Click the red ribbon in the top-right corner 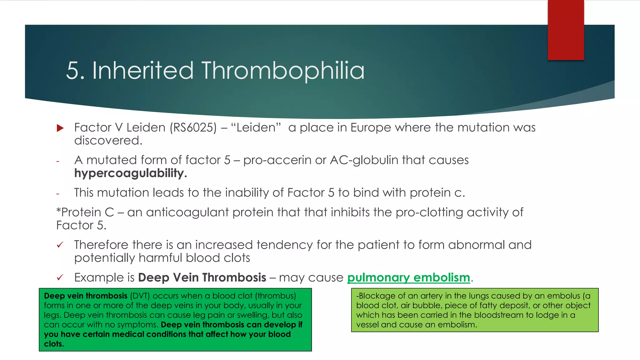pyautogui.click(x=566, y=30)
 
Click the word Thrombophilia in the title pyautogui.click(x=283, y=71)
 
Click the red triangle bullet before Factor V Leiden pyautogui.click(x=60, y=128)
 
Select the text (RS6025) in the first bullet pyautogui.click(x=193, y=127)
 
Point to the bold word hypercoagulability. pyautogui.click(x=130, y=173)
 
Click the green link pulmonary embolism pyautogui.click(x=408, y=277)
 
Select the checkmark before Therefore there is pyautogui.click(x=60, y=245)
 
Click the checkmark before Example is pyautogui.click(x=60, y=277)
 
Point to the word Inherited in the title pyautogui.click(x=142, y=71)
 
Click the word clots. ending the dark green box pyautogui.click(x=54, y=344)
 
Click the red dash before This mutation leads pyautogui.click(x=58, y=194)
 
